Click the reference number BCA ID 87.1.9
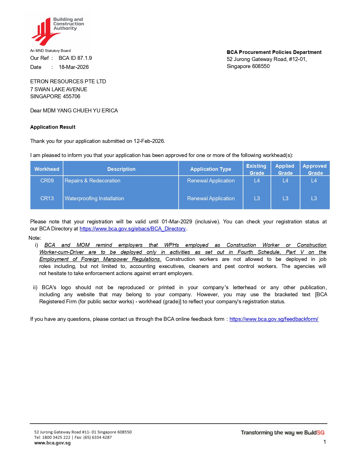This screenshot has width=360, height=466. (75, 58)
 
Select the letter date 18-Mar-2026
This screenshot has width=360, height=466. (74, 67)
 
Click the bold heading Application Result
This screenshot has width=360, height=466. (53, 127)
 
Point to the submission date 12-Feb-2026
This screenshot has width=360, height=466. (149, 141)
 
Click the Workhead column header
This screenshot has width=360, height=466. (47, 169)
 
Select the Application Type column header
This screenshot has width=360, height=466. (211, 169)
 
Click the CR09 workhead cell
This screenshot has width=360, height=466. (47, 181)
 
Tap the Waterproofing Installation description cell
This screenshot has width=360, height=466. (94, 199)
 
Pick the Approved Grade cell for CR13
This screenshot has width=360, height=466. (314, 199)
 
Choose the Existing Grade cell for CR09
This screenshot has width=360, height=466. (257, 181)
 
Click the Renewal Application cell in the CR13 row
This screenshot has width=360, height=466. (211, 199)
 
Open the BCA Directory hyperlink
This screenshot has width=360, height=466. (132, 229)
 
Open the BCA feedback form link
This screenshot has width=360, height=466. (274, 319)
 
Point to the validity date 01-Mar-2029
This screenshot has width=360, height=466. (177, 222)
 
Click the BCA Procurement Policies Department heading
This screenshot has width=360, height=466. (274, 52)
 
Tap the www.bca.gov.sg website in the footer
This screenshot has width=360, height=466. (53, 443)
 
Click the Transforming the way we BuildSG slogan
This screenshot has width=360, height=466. (282, 433)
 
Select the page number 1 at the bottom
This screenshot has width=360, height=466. (325, 442)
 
